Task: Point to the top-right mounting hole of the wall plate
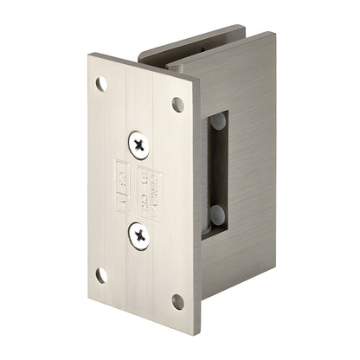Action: coord(178,105)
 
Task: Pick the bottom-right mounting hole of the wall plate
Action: coord(177,302)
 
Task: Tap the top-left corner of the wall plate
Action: coord(89,57)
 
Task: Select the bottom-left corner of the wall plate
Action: coord(89,290)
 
